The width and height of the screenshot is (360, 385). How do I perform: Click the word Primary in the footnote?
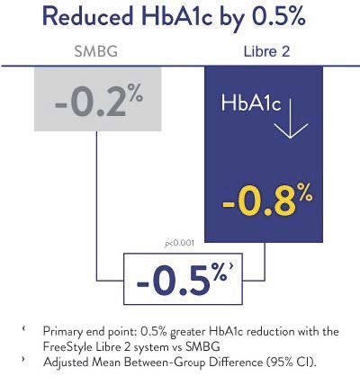tap(62, 331)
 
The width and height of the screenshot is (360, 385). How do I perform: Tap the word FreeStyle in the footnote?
tap(68, 345)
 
